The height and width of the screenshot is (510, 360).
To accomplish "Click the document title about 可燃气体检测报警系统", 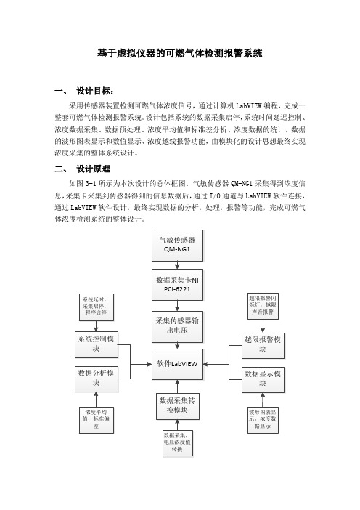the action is tap(180, 53).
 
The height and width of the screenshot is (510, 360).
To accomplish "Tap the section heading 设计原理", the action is tap(93, 169).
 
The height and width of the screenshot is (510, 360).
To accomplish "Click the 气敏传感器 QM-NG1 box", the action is tap(177, 246).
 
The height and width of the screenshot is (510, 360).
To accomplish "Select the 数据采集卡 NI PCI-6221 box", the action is tap(177, 285).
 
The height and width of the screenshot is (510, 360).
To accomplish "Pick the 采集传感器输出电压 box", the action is tap(177, 326).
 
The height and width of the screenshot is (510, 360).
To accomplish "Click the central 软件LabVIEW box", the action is tap(177, 364).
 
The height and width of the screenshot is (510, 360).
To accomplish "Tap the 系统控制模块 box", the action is tap(97, 344).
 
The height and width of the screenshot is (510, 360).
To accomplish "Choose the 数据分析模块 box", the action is tap(97, 379).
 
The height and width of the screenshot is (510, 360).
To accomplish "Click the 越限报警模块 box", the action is tap(263, 345).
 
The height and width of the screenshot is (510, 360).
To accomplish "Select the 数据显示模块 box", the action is tap(263, 379).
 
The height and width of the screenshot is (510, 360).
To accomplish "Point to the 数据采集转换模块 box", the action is tap(177, 406).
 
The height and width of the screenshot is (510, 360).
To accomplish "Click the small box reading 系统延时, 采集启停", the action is tap(97, 307).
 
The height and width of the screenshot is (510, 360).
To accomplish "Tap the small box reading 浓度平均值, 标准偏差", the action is tap(97, 420).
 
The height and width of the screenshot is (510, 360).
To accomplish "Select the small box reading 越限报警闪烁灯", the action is tap(263, 306).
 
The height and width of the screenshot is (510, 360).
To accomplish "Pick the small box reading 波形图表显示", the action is tap(263, 420).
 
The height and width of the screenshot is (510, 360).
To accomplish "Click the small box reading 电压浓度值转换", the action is tap(178, 442).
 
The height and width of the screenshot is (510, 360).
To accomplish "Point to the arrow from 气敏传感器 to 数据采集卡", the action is tap(177, 265).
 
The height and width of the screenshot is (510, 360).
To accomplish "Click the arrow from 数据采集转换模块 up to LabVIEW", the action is tap(177, 386).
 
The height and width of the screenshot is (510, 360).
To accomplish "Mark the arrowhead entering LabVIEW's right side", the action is tap(205, 364).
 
